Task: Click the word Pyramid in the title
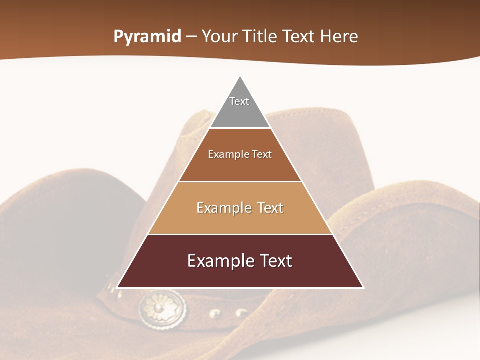tap(147, 37)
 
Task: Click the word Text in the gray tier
tap(239, 101)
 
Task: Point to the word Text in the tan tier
tap(267, 208)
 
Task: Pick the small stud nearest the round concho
tap(215, 314)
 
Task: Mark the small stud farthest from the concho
tap(241, 312)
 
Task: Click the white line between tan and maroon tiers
tap(240, 234)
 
